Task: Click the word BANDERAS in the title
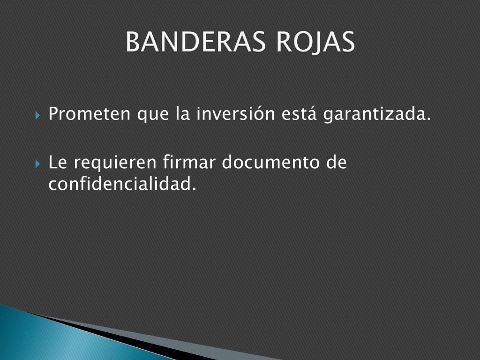(195, 42)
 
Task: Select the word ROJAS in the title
(315, 43)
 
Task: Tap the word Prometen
(90, 113)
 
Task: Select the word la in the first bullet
(183, 113)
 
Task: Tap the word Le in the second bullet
(58, 162)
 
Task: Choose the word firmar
(189, 162)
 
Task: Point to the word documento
(270, 162)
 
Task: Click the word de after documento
(337, 162)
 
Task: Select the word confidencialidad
(122, 184)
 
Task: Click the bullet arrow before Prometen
(37, 116)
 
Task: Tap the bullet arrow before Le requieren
(37, 164)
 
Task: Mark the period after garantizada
(428, 119)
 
